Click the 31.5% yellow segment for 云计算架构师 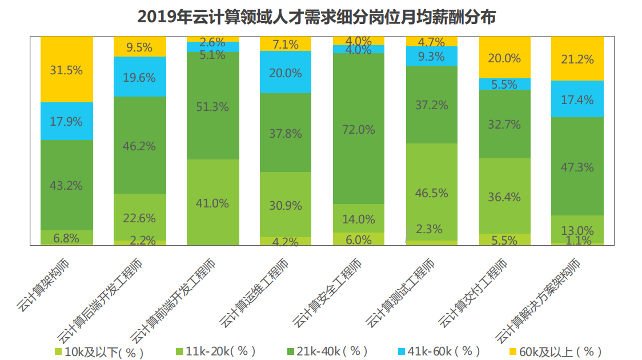click(x=66, y=70)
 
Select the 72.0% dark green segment click(x=359, y=129)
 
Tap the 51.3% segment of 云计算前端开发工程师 click(x=212, y=106)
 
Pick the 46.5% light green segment click(x=432, y=192)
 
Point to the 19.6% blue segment click(x=139, y=77)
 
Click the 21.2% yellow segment click(x=577, y=59)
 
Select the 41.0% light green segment click(x=212, y=203)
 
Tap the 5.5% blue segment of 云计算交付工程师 click(x=505, y=84)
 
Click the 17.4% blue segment click(x=577, y=99)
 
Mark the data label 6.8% click(x=66, y=237)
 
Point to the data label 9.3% click(x=432, y=56)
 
